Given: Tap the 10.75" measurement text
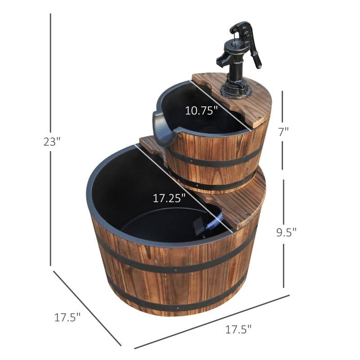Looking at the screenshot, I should (202, 110).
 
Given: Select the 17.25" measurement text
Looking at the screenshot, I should (169, 199).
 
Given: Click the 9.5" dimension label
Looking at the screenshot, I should (287, 233).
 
